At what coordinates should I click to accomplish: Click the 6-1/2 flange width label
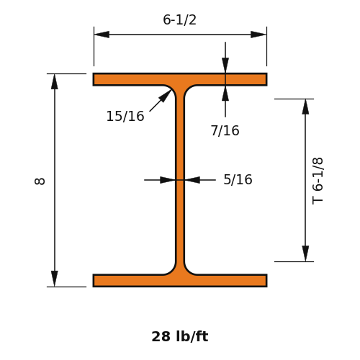[179, 19]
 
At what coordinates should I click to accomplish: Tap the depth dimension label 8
[40, 181]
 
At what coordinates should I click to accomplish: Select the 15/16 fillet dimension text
[125, 116]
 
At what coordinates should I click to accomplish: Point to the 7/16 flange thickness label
[225, 131]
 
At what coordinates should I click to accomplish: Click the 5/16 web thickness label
[238, 179]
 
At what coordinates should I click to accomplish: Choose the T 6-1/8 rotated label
[318, 181]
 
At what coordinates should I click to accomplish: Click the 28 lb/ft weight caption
[180, 336]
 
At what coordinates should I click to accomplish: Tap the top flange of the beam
[180, 79]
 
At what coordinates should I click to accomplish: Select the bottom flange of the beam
[180, 280]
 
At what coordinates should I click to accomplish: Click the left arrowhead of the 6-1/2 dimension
[102, 35]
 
